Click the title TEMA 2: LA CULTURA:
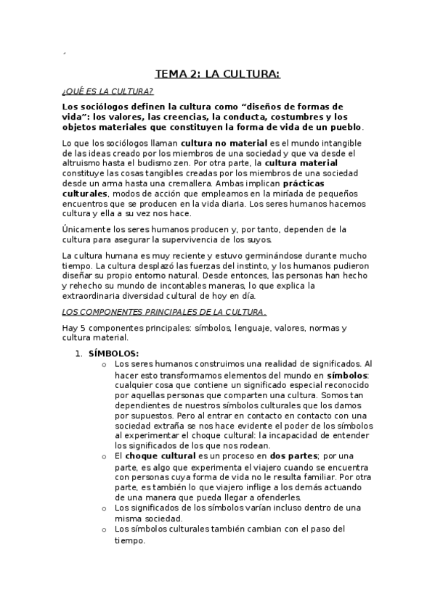(x=217, y=73)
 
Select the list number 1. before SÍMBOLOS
(x=80, y=353)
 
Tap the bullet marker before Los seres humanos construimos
(x=106, y=363)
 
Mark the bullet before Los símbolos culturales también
(x=106, y=529)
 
